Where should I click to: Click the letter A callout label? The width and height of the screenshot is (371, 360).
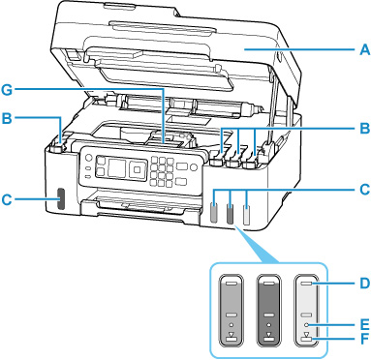point(364,50)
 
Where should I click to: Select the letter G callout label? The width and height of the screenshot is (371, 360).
point(7,90)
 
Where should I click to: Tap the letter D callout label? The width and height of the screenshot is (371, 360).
point(364,284)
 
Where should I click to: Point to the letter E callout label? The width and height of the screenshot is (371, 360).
point(365,324)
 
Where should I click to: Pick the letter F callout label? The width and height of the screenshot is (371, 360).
point(365,339)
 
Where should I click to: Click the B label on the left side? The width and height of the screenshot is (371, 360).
point(7,118)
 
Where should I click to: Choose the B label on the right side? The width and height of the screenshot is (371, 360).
point(365,129)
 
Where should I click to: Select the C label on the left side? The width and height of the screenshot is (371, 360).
point(7,199)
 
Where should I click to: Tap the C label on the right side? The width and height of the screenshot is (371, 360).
point(365,190)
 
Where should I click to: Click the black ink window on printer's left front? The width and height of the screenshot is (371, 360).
point(60,198)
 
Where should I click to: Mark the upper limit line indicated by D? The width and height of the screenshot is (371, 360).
point(307,284)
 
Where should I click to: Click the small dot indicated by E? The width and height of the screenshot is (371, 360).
point(307,324)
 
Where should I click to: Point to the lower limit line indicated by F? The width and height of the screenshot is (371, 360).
point(307,339)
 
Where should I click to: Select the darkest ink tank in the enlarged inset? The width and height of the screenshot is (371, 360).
point(268,311)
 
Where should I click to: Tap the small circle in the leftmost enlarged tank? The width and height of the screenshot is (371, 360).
point(231,324)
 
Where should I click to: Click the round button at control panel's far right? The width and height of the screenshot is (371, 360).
point(194,167)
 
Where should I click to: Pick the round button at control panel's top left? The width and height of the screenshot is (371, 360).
point(89,159)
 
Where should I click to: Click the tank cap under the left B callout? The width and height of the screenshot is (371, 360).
point(55,149)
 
